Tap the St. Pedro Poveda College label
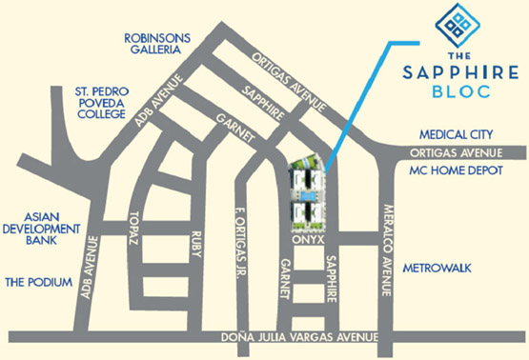[x=101, y=103]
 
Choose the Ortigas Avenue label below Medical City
[x=455, y=153]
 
